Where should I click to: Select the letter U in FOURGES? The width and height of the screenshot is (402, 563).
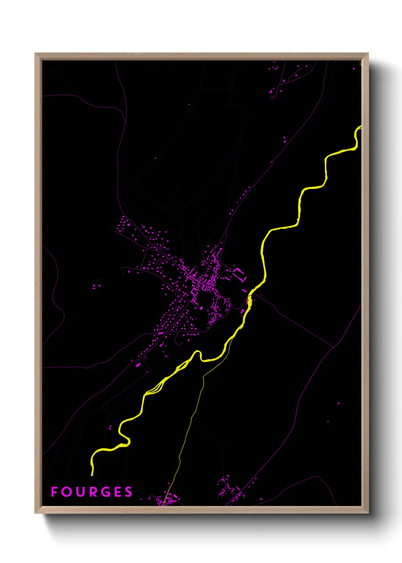coord(80,492)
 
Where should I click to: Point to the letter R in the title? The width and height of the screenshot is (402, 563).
coord(93,492)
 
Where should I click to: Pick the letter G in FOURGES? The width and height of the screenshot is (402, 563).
coord(106,492)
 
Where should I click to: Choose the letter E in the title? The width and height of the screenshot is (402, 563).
coord(118,492)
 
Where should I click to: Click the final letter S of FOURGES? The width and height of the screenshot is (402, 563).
coord(129,492)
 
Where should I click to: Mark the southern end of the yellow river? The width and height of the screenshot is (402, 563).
coord(92,474)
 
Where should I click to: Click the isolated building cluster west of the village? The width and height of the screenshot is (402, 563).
coord(97,285)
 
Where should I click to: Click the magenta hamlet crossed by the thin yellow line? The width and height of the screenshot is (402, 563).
coord(166,499)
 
